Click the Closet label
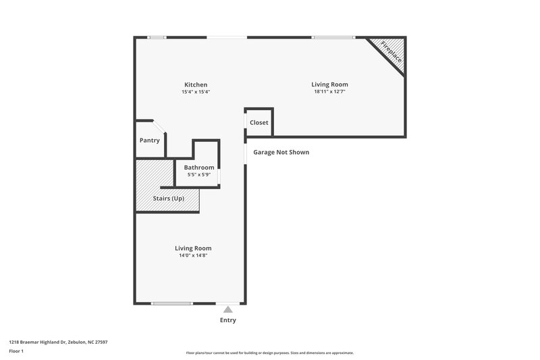point(259,123)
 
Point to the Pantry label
point(149,140)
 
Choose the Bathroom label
point(199,168)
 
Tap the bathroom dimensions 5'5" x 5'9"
point(199,175)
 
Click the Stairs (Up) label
point(168,199)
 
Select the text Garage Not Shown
point(281,153)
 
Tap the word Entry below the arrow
point(227,320)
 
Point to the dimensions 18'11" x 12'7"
point(329,92)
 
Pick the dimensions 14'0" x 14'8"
point(193,255)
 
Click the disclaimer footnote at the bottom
point(269,353)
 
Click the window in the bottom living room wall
point(172,303)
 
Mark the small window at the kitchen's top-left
point(157,37)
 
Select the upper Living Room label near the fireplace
point(329,84)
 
